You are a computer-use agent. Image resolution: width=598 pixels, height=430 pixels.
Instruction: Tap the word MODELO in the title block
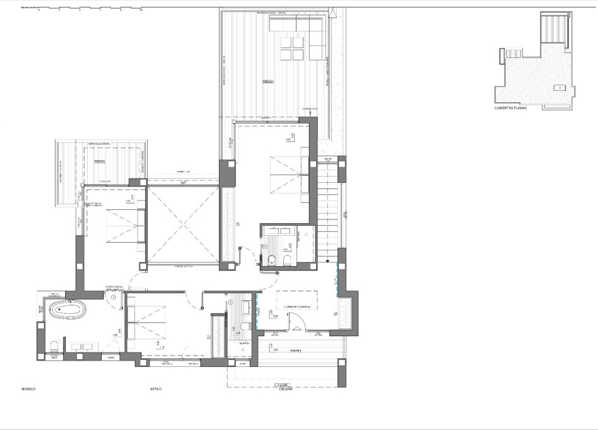28,389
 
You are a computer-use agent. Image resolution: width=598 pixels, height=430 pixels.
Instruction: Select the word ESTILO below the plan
156,389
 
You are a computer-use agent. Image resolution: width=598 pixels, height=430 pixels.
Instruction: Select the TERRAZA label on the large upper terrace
268,82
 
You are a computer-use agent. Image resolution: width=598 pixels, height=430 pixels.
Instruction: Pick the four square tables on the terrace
292,48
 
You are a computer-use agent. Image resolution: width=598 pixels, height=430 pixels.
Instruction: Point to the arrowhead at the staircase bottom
327,260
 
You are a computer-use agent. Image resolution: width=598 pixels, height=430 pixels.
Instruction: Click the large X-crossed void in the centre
182,224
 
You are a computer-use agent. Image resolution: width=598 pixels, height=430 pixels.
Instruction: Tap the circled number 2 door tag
230,301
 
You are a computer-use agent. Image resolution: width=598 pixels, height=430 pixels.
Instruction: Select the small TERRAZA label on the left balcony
99,162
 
